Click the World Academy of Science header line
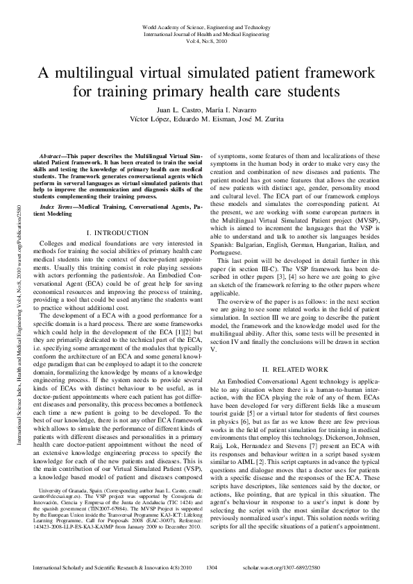pos(206,26)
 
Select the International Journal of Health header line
pos(206,33)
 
